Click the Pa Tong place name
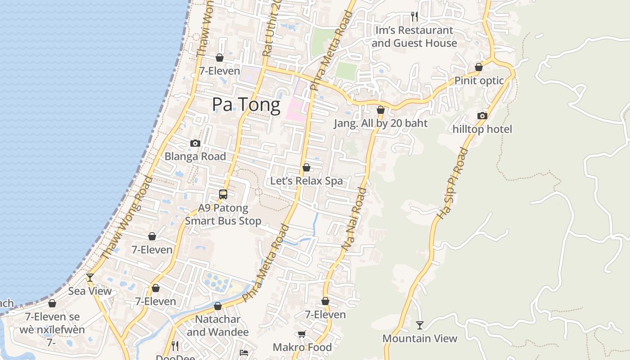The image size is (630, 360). point(246,104)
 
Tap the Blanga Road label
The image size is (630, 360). point(195,157)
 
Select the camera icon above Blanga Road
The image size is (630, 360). point(195,144)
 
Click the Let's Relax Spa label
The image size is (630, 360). point(306,181)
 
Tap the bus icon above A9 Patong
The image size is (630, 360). point(223,194)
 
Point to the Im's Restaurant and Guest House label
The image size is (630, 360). point(414,37)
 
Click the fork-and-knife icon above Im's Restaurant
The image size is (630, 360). point(414,17)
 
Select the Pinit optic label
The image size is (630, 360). point(479,81)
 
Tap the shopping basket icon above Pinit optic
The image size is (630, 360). point(479,67)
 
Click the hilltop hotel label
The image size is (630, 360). point(482,130)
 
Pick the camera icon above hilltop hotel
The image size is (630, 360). point(482,116)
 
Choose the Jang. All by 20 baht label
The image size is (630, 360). point(381,123)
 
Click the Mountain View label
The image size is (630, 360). point(420,338)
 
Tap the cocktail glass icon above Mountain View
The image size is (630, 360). point(420,325)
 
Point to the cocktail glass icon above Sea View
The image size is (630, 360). point(90,278)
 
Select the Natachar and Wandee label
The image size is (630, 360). point(218,326)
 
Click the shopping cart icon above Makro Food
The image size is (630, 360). point(302,334)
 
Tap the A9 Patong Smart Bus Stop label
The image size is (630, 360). point(223,215)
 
